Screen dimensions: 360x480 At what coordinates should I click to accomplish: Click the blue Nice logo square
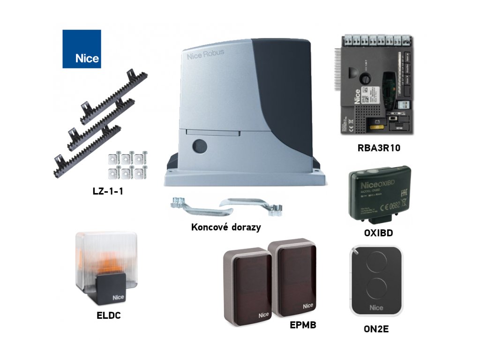pyautogui.click(x=82, y=49)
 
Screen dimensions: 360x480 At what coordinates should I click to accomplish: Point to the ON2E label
pyautogui.click(x=375, y=329)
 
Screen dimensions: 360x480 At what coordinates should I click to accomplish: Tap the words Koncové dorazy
pyautogui.click(x=226, y=227)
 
